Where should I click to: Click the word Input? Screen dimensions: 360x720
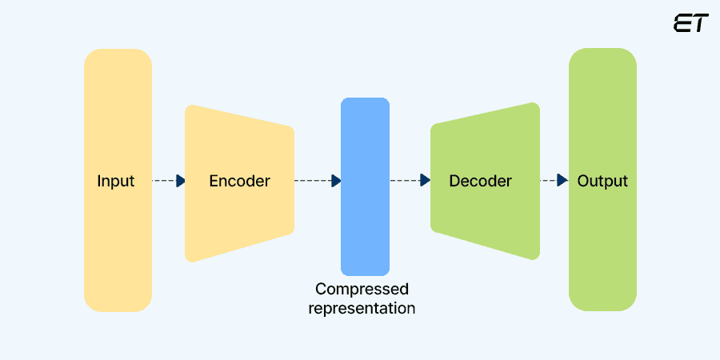(x=116, y=181)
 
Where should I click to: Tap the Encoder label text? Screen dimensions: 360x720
(x=239, y=181)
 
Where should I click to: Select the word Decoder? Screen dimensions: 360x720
(x=480, y=181)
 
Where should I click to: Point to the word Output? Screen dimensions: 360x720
(x=602, y=181)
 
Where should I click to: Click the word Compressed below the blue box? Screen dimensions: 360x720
(x=362, y=289)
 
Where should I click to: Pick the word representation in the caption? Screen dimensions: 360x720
(x=362, y=308)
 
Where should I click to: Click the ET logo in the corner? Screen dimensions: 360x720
(x=690, y=23)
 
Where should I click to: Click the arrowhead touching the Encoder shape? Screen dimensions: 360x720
(x=181, y=181)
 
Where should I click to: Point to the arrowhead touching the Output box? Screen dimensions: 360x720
(x=563, y=181)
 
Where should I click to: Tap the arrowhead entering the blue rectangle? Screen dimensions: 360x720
(x=337, y=181)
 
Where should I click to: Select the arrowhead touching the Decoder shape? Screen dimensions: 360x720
(x=426, y=181)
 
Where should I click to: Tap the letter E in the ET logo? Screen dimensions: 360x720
(x=682, y=23)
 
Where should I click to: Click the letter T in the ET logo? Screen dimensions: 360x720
(x=699, y=23)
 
